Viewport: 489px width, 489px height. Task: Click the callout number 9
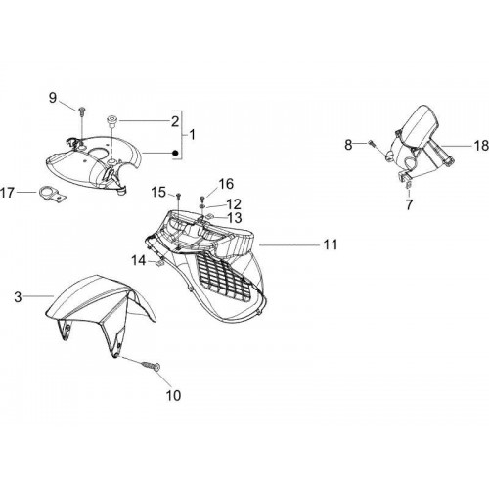tap(53, 98)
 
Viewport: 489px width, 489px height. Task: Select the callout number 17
tap(8, 193)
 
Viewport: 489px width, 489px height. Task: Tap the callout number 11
tap(331, 244)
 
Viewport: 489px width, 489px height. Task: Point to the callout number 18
tap(481, 146)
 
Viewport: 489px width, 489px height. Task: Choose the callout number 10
tap(173, 395)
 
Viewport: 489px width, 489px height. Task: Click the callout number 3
tap(18, 297)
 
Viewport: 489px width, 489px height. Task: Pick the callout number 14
tap(139, 260)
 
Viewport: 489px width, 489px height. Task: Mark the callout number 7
tap(409, 204)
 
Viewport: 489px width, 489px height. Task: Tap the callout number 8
tap(348, 145)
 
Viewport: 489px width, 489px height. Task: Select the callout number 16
tap(226, 184)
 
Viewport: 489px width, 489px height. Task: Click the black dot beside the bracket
tap(175, 153)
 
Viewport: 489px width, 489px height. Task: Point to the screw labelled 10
tap(151, 366)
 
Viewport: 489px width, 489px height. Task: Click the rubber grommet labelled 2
tap(112, 121)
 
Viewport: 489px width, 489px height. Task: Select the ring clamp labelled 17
tap(52, 194)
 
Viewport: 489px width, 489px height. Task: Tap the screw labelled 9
tap(81, 111)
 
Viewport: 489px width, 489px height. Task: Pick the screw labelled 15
tap(178, 197)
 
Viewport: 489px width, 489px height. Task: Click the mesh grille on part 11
tap(223, 277)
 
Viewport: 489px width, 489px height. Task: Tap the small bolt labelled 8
tap(372, 143)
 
